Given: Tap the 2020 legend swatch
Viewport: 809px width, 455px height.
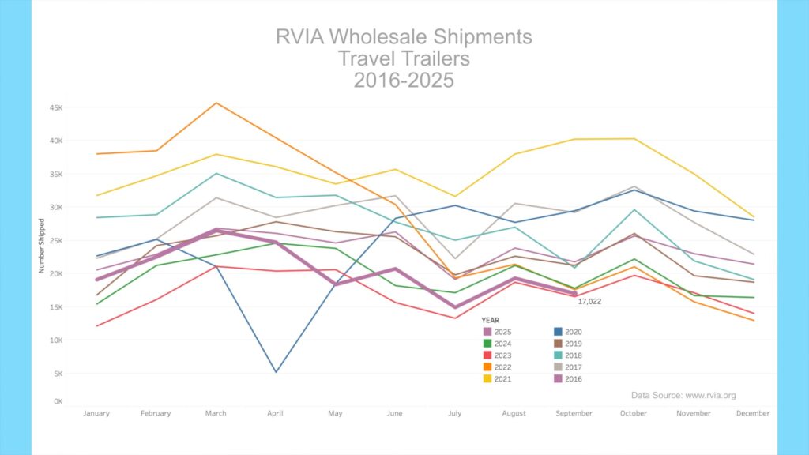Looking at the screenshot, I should [x=558, y=332].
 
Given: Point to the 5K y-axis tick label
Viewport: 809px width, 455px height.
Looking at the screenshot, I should [x=58, y=373].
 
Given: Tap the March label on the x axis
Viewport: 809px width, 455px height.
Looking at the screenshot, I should [x=216, y=413].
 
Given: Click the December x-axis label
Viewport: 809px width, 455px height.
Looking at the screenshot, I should [x=753, y=413].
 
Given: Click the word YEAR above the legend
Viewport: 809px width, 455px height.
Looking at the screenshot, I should [x=490, y=320].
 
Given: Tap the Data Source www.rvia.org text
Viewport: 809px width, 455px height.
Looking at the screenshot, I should [x=683, y=395].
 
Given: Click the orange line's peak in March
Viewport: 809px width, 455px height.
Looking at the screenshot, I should [x=216, y=103].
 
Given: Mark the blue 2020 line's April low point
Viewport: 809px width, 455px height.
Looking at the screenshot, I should [x=276, y=372].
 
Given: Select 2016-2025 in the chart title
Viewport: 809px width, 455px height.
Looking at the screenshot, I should [x=404, y=80].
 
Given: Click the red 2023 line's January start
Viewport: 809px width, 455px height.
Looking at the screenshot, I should [x=96, y=325].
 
